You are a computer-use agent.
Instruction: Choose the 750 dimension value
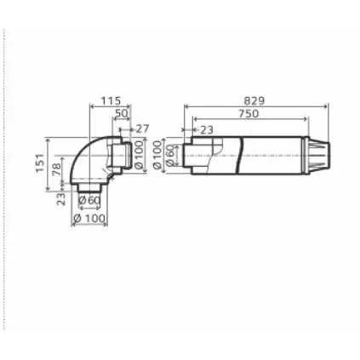(x=249, y=114)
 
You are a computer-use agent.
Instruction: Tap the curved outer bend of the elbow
(x=82, y=148)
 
